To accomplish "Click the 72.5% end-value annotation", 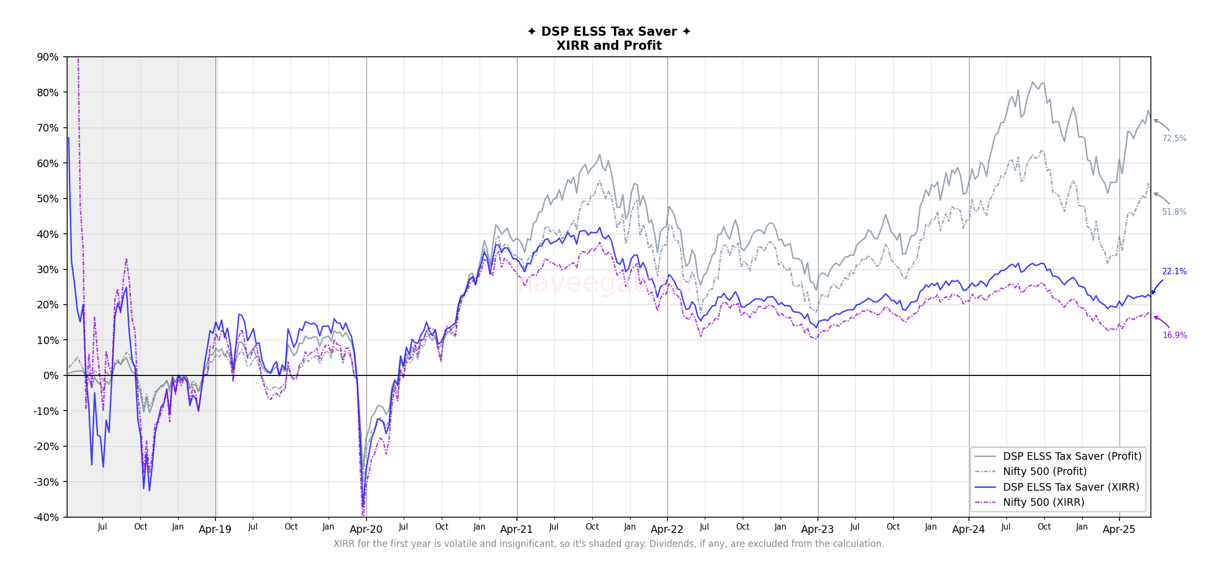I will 1174,138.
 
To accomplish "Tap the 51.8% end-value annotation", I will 1174,212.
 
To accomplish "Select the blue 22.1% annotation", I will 1174,272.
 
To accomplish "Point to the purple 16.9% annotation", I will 1174,335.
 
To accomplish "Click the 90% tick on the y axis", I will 47,57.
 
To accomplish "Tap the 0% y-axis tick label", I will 50,375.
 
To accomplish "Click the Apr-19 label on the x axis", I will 215,530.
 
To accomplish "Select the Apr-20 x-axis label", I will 366,530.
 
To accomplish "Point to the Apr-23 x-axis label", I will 817,530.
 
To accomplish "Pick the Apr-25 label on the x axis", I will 1119,530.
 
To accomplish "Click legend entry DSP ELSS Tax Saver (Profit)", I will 1072,456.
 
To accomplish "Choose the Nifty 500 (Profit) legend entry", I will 1045,472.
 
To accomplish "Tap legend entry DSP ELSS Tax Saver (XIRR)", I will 1071,487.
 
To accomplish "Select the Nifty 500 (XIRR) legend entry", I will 1044,503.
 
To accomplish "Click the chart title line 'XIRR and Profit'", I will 609,46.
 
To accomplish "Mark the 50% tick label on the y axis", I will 47,199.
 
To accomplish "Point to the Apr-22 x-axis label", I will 667,530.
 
